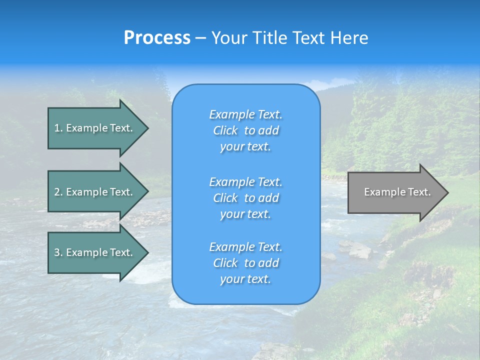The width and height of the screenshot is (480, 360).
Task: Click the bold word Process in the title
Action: click(x=157, y=38)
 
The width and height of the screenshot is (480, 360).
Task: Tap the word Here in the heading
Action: click(x=348, y=38)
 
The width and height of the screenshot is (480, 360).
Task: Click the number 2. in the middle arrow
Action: click(x=58, y=192)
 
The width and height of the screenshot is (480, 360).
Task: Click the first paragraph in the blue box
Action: click(x=245, y=130)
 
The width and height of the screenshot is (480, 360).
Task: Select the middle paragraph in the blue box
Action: click(x=245, y=198)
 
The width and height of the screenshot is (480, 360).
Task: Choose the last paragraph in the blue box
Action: click(x=245, y=263)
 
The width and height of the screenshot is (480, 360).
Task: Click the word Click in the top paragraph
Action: click(x=225, y=130)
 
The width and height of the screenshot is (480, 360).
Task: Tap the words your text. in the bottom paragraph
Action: click(x=245, y=279)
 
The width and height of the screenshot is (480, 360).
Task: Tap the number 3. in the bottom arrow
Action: click(x=58, y=252)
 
